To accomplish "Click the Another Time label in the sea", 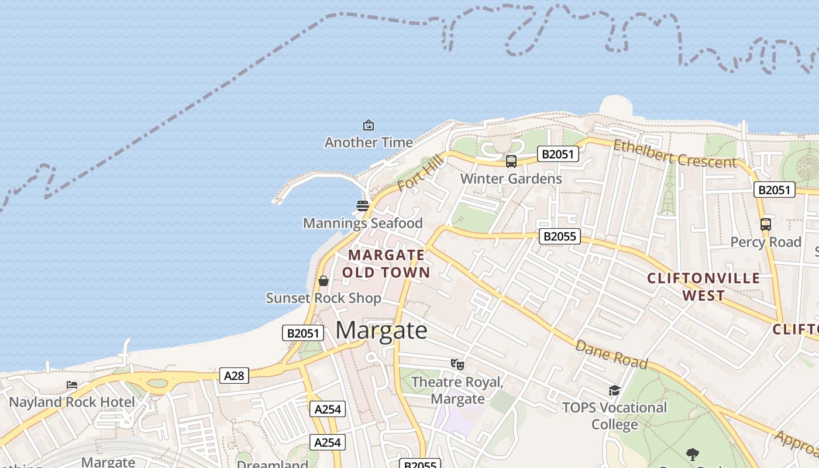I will click(x=369, y=142).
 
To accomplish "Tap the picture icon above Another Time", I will click(x=369, y=125).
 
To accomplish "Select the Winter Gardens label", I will click(x=511, y=178).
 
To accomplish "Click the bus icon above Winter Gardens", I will click(x=511, y=161).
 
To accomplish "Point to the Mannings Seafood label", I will click(x=363, y=223).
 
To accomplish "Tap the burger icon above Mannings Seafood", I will click(x=363, y=206).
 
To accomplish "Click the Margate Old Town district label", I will click(x=386, y=264).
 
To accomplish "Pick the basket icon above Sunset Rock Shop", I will click(x=324, y=281).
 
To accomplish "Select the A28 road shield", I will click(x=234, y=376).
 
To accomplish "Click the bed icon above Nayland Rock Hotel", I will click(x=72, y=385).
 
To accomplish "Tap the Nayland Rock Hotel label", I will click(x=72, y=402).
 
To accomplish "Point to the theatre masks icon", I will click(x=457, y=364).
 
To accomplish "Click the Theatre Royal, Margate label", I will click(x=457, y=390).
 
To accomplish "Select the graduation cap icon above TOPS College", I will click(x=614, y=390).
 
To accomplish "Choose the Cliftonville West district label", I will click(x=704, y=287).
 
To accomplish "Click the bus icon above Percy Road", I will click(x=765, y=224).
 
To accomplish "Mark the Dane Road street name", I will click(x=611, y=355).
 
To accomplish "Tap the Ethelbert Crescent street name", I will click(x=675, y=154).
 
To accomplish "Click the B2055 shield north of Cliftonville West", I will click(x=559, y=236).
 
